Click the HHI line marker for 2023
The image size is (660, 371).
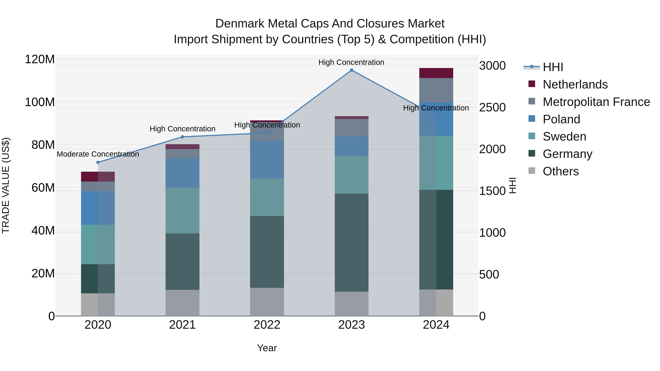tap(351, 70)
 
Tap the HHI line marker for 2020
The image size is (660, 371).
tap(98, 162)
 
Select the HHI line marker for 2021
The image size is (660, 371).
tap(182, 137)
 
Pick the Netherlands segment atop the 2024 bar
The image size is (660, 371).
tap(436, 73)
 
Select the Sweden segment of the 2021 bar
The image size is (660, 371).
tap(182, 211)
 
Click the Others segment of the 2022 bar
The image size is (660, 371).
tap(267, 302)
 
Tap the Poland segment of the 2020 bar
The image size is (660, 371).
tap(98, 208)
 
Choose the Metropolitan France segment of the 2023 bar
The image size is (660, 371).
tap(351, 128)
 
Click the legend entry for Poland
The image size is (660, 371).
tap(561, 119)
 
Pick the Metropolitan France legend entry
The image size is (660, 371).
tap(596, 102)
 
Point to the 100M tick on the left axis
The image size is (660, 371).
tap(40, 102)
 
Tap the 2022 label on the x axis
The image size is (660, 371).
tap(267, 325)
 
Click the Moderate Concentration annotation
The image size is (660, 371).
tap(98, 154)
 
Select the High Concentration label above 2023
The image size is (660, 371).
tap(351, 62)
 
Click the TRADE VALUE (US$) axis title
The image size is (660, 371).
tap(6, 185)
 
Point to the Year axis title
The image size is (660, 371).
tap(267, 348)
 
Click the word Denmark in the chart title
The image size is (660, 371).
tap(240, 24)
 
